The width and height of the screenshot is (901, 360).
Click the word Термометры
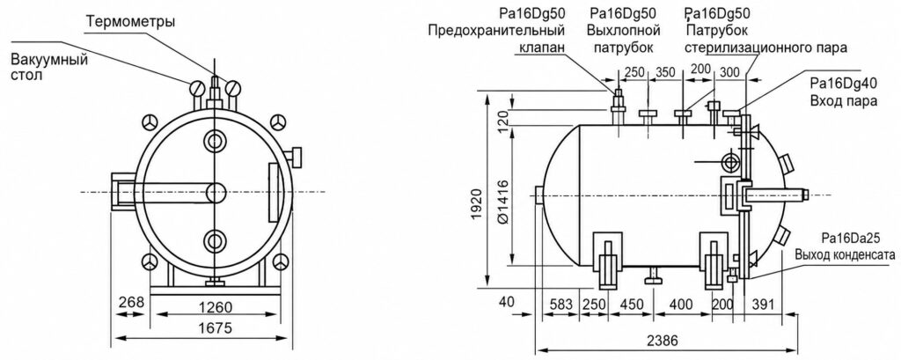click(130, 22)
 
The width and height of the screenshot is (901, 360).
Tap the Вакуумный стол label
click(49, 68)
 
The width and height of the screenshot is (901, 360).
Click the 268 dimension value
click(131, 303)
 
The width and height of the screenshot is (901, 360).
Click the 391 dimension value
click(765, 303)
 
